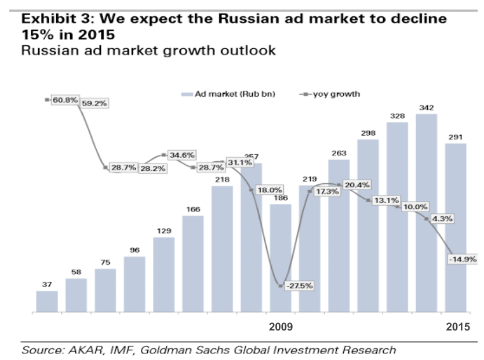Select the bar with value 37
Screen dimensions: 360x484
[x=47, y=301]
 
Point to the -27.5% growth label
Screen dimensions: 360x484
[x=300, y=285]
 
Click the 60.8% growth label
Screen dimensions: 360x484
[x=65, y=100]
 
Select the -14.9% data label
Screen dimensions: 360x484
[x=463, y=259]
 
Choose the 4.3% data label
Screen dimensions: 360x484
[x=442, y=219]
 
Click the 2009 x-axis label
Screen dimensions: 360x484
[x=281, y=327]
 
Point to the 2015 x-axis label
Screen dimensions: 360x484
[x=458, y=327]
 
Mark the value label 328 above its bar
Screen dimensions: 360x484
[x=397, y=116]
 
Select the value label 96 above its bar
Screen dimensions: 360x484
[x=134, y=250]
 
